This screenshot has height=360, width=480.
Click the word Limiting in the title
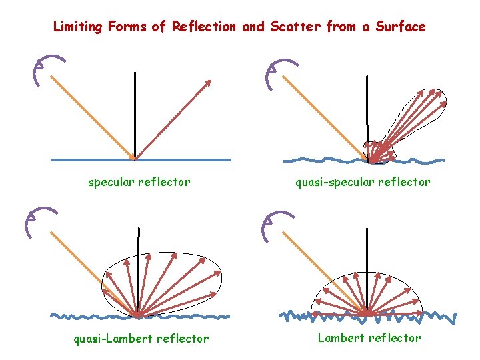(77, 27)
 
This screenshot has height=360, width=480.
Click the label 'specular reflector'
(139, 182)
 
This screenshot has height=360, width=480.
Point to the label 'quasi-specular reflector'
(363, 182)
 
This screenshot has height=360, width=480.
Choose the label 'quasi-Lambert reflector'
(141, 339)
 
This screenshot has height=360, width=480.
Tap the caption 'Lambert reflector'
(369, 338)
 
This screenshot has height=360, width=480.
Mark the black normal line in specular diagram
(135, 113)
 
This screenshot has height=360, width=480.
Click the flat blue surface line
(187, 160)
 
